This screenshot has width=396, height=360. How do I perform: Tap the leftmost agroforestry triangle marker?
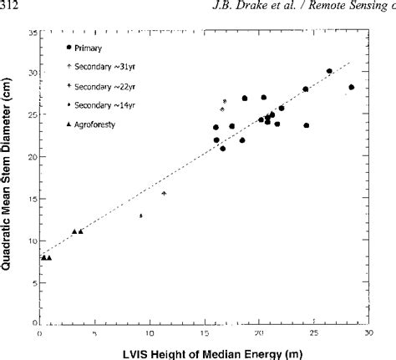point(43,257)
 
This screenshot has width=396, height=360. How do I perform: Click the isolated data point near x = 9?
point(140,215)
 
